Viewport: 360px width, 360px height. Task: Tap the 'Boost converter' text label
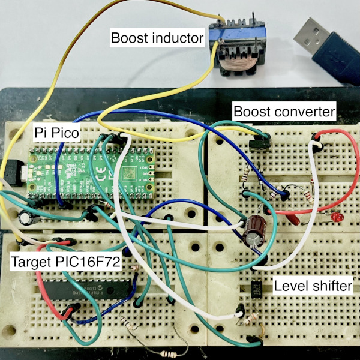click(x=284, y=112)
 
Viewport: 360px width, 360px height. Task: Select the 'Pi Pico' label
click(x=55, y=133)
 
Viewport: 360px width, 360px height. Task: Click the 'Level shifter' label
click(x=312, y=286)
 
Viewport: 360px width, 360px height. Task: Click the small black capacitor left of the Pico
click(x=26, y=217)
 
